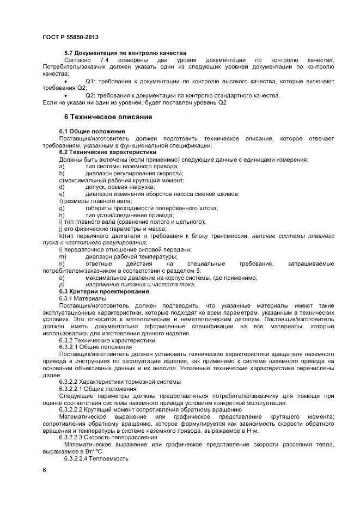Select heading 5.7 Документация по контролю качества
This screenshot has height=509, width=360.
(x=125, y=52)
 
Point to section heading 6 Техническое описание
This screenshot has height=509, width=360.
(x=108, y=117)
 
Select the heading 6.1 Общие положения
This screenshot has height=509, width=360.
(x=92, y=131)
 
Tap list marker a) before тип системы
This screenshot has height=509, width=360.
(x=62, y=166)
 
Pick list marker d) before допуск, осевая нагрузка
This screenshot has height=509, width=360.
(x=62, y=187)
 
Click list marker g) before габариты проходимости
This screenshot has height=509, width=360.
(x=62, y=208)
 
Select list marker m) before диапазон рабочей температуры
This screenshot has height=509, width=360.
(x=63, y=256)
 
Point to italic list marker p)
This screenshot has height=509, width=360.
(x=62, y=284)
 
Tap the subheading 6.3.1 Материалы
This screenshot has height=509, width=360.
(x=83, y=298)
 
